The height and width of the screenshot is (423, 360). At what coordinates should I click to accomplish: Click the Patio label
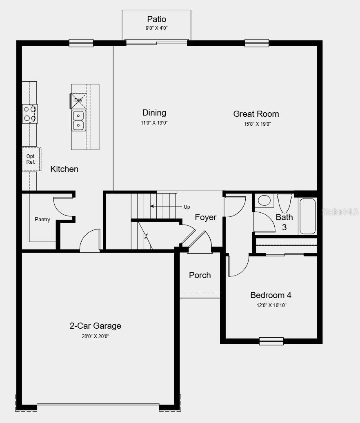coord(156,19)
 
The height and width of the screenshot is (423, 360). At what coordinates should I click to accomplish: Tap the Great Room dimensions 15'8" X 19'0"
coord(256,124)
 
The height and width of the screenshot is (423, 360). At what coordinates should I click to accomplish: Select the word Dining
coord(154,113)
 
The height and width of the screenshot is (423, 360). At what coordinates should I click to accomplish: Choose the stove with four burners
coord(30,114)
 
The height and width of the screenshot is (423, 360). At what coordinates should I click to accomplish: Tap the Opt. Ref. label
coord(31,159)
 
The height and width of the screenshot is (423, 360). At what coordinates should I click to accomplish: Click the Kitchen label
coord(64,169)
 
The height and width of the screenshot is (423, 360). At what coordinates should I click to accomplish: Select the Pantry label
coord(42,220)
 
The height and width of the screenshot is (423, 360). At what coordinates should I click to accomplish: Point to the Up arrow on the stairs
coord(163,207)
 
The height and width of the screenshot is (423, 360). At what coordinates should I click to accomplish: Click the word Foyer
coord(205,217)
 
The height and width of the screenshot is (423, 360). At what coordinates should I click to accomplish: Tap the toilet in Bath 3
coord(284,203)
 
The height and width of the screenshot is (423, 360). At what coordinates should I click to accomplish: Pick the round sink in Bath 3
coord(264,200)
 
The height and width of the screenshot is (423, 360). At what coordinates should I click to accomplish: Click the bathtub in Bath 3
coord(308,216)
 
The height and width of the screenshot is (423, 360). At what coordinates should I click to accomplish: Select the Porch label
coord(200,275)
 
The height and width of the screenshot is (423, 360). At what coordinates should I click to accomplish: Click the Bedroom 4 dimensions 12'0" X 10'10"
coord(271,305)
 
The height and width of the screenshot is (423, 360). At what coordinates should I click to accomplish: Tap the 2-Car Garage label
coord(95,326)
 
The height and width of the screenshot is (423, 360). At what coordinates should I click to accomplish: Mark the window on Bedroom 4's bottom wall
coord(271,341)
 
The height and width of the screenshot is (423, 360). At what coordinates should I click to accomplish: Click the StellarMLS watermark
coord(340,211)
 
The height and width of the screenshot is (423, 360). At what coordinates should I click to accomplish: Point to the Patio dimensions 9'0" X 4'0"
coord(156,29)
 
